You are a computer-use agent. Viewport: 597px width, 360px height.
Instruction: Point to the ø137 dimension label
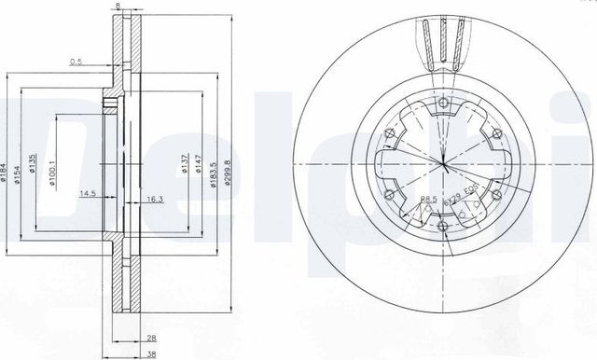pos(185,166)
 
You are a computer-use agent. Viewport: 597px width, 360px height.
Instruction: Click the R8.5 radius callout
pos(428,201)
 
